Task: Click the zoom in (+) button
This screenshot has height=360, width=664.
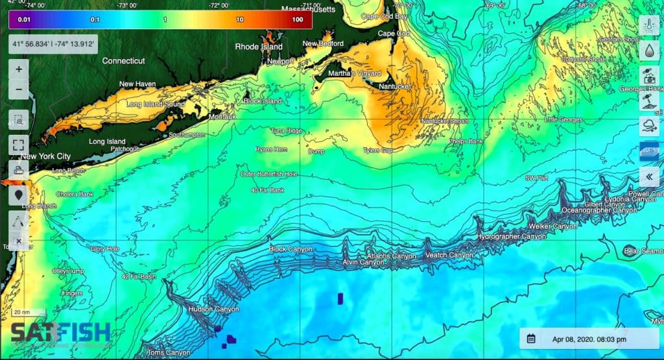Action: coord(18,69)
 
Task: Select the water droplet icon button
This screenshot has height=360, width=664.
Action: coord(649,51)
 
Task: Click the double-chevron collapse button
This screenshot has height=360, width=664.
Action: coord(649,175)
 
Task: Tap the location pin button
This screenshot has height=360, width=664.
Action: coord(18,193)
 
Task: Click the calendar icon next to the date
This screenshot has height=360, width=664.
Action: coord(531,339)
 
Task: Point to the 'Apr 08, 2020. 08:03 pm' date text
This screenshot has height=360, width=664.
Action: coord(589,339)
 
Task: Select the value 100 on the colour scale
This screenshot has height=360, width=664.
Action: coord(298,19)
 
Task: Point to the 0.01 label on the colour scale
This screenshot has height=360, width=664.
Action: coord(25,19)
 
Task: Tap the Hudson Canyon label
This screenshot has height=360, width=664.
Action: coord(209,309)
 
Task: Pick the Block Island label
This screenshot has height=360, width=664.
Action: coord(263,101)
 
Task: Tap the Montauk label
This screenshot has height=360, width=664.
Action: coord(223,117)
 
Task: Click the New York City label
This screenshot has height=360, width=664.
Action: coord(45,156)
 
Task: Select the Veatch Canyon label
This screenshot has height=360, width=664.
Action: coord(449,256)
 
